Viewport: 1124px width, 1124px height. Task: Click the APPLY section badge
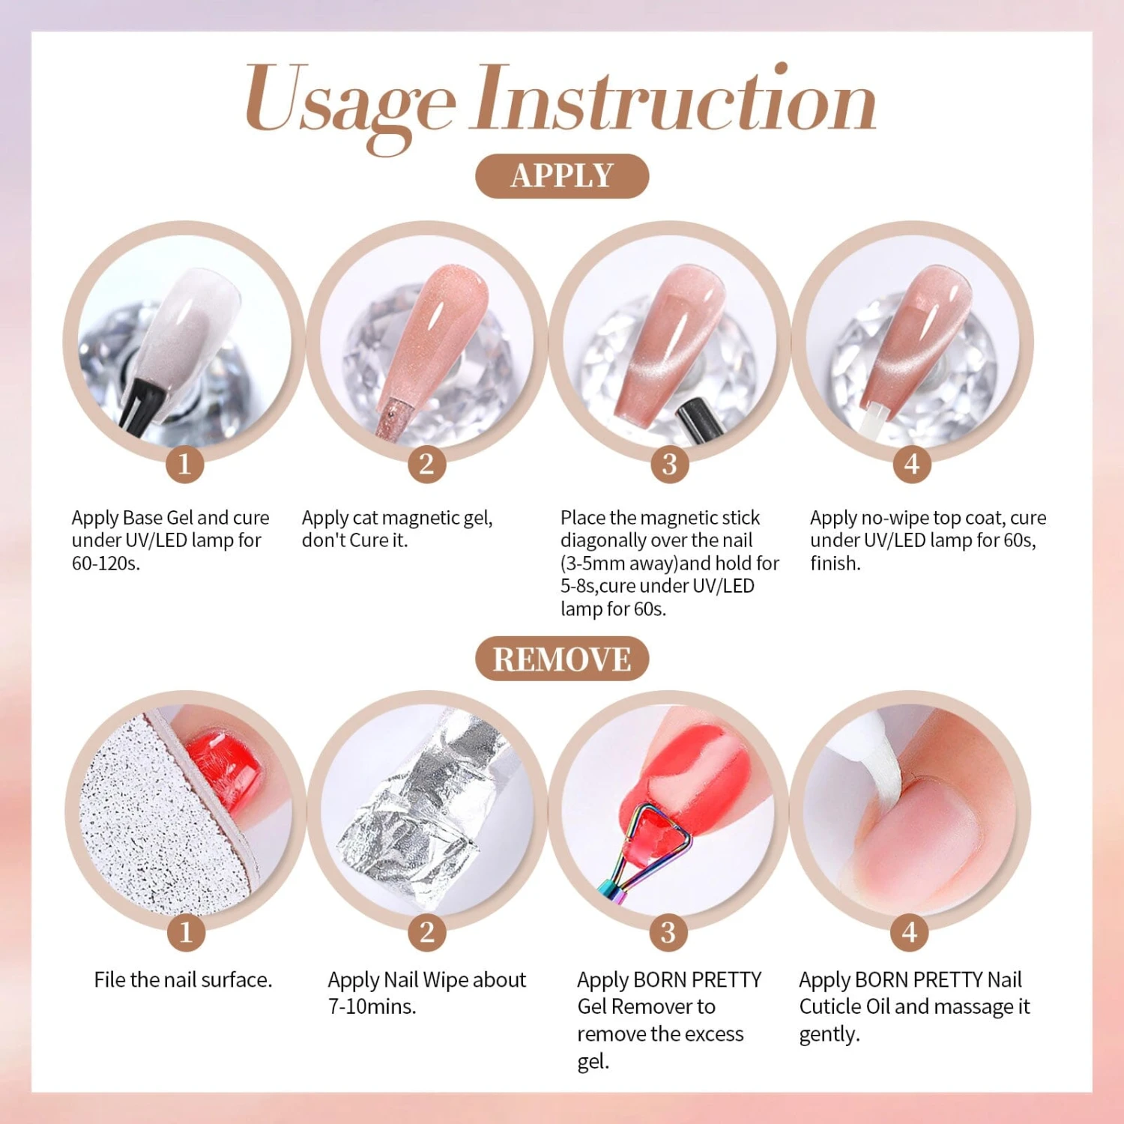click(561, 176)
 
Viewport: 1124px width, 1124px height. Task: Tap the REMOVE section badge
click(561, 659)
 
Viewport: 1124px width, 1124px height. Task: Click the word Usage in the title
click(350, 101)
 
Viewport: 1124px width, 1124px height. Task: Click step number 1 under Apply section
click(184, 464)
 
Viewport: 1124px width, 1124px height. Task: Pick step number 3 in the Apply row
click(669, 464)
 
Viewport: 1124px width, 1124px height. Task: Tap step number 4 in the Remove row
click(910, 932)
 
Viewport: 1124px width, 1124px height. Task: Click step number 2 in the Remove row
click(426, 932)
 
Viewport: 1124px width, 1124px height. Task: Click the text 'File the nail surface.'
click(183, 979)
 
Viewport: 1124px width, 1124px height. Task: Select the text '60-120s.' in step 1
click(106, 563)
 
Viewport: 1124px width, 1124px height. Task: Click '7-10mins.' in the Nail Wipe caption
click(372, 1006)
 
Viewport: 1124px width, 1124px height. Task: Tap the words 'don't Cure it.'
click(354, 540)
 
